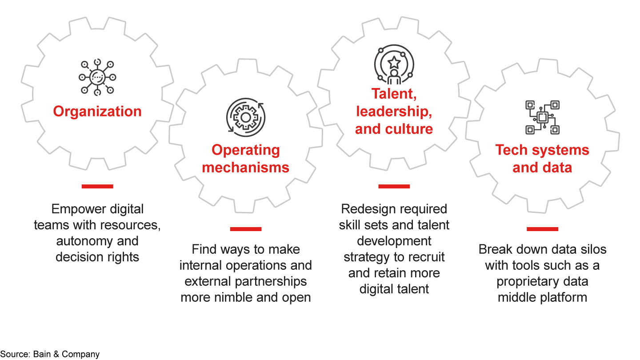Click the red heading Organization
tap(97, 111)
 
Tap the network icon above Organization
tap(97, 77)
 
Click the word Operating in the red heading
tap(245, 150)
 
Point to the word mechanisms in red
tap(245, 168)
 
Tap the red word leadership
tap(394, 112)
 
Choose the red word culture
tap(409, 129)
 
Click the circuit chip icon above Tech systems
tap(542, 117)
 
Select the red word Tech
tap(512, 150)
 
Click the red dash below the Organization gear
tap(97, 186)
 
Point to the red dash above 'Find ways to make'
tap(245, 229)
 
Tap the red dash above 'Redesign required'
tap(394, 186)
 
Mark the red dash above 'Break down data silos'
tap(542, 229)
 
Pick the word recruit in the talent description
tap(426, 257)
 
